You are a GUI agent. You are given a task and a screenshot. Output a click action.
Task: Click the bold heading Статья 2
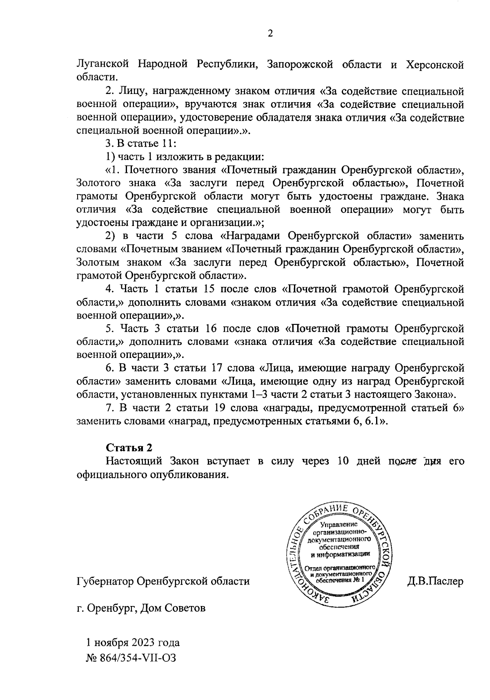pyautogui.click(x=129, y=447)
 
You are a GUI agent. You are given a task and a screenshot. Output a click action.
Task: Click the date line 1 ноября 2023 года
pyautogui.click(x=133, y=642)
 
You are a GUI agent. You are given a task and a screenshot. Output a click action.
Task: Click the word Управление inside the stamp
pyautogui.click(x=339, y=524)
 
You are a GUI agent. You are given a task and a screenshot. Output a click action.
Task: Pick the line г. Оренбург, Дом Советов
pyautogui.click(x=141, y=608)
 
